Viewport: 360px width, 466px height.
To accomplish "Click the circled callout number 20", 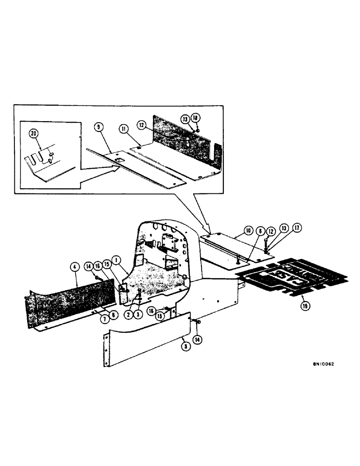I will click(x=33, y=133).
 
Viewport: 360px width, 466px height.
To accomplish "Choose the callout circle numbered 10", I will click(x=248, y=231).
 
